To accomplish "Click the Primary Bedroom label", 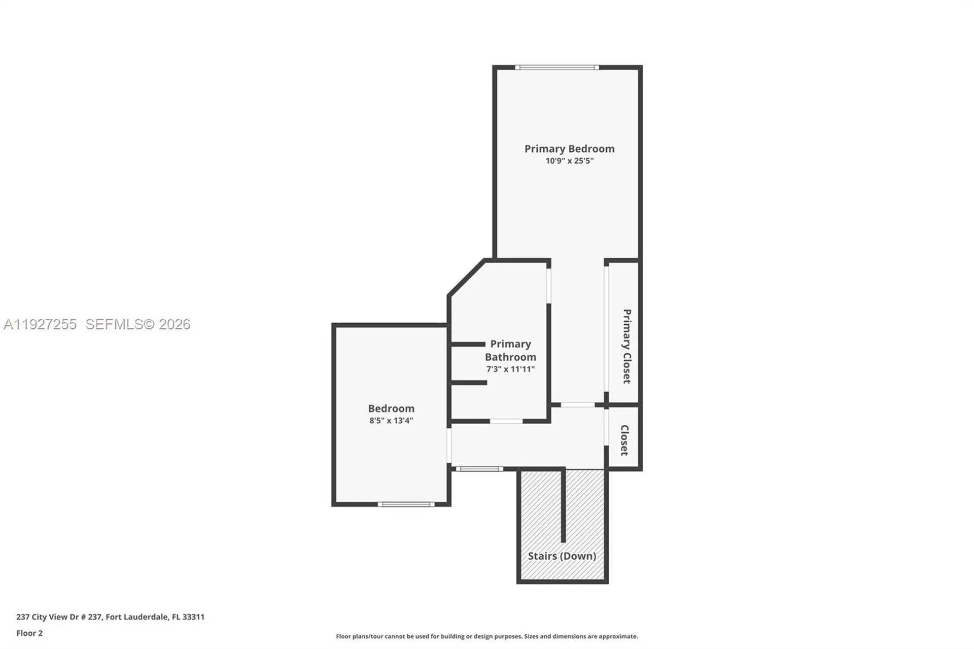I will (x=569, y=149).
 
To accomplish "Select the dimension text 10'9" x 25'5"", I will (x=569, y=161).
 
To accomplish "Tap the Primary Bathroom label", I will (x=510, y=350).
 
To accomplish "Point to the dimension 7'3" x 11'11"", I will (x=510, y=369).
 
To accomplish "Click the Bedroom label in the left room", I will (x=391, y=408).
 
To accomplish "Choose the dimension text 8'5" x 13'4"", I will (x=391, y=421).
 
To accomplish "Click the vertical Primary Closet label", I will (x=627, y=346).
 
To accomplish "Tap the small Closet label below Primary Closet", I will (x=624, y=440).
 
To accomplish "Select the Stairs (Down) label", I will (x=562, y=556).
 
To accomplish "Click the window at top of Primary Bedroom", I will (x=556, y=67).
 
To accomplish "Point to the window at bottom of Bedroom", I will (x=406, y=504).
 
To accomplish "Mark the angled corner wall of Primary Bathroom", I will (x=467, y=278).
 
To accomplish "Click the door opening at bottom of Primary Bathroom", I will (x=506, y=421).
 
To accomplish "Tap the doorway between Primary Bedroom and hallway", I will (x=577, y=405).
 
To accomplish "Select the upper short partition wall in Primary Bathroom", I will (x=468, y=344).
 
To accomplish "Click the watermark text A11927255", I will (x=40, y=324).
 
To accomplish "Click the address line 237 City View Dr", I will (x=110, y=617).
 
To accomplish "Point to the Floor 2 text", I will (x=29, y=633).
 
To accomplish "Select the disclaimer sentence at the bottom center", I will (x=486, y=636).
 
